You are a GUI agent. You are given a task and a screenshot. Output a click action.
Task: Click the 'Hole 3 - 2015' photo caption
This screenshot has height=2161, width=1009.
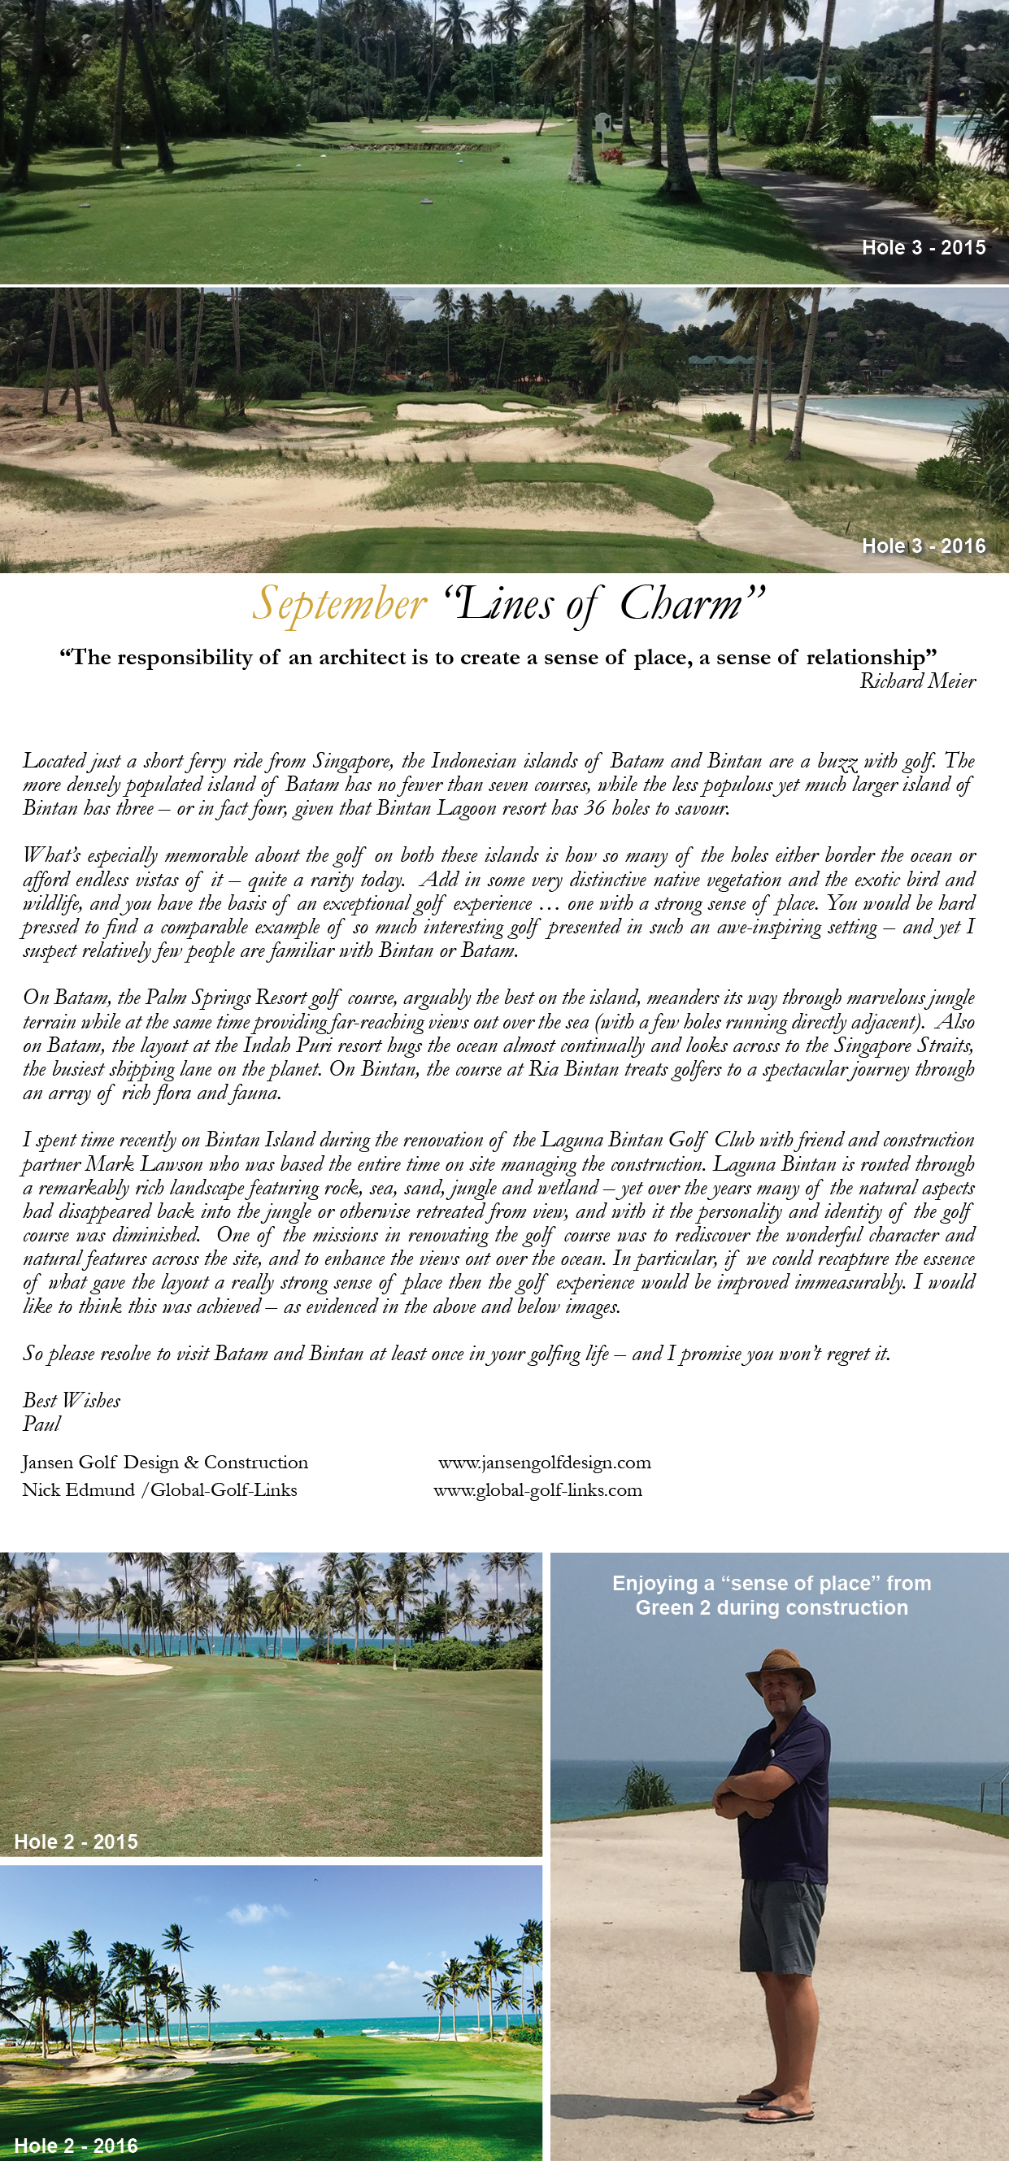pos(924,247)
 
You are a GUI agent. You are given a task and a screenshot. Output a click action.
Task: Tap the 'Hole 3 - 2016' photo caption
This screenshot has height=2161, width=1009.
pos(924,546)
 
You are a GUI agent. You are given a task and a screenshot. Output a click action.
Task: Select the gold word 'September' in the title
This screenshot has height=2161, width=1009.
pos(340,605)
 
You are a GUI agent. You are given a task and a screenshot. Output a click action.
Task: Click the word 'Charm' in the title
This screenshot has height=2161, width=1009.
pos(681,604)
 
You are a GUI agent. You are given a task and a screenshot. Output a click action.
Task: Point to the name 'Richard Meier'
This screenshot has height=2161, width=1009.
pos(918,681)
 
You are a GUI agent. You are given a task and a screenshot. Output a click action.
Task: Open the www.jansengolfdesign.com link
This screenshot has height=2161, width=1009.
pos(545,1462)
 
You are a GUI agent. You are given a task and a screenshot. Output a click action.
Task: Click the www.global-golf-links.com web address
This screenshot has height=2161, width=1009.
pos(537,1490)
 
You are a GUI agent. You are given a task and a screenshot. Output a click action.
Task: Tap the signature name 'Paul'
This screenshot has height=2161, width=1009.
pos(41,1424)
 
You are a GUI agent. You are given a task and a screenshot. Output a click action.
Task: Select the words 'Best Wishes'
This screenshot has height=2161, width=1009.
pos(72,1400)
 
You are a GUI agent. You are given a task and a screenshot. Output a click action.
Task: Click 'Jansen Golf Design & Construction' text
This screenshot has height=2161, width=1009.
pos(165,1462)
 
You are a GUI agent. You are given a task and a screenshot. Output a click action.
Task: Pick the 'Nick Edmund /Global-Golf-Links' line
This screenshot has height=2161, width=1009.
pos(159,1490)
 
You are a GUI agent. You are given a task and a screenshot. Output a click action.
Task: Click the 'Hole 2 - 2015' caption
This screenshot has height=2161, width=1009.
pos(76,1841)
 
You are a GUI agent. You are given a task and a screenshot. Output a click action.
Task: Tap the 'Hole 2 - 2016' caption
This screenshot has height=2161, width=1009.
pos(76,2145)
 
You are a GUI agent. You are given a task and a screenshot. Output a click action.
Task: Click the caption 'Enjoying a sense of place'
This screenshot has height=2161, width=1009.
pos(772,1595)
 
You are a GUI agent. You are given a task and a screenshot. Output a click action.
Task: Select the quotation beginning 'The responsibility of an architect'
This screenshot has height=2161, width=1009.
pos(498,657)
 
